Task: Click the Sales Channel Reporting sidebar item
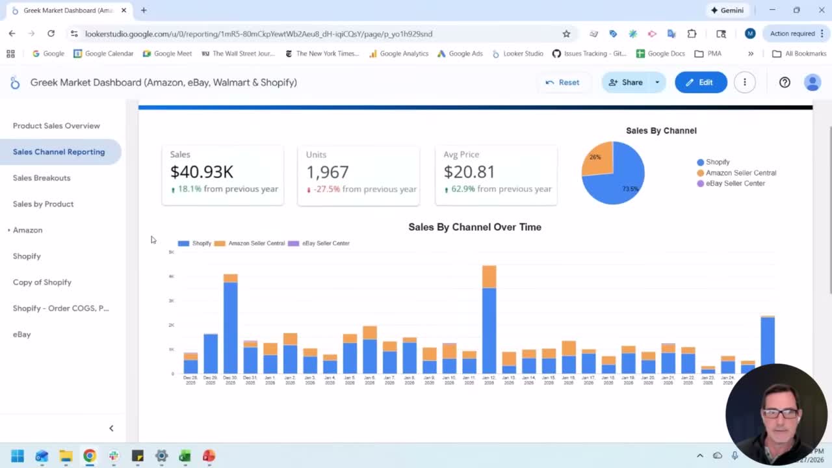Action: coord(58,151)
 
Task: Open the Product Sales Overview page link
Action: coord(56,125)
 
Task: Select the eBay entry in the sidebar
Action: coord(21,334)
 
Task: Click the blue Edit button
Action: coord(700,83)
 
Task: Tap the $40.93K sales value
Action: coord(201,172)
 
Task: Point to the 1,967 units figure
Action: coord(327,172)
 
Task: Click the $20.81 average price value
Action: coord(469,172)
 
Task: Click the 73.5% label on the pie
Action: coord(630,189)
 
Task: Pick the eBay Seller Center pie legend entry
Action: coord(734,183)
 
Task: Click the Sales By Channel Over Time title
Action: coord(474,227)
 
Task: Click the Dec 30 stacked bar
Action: coord(230,325)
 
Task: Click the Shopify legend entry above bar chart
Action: coord(195,243)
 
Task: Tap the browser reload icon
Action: coord(51,34)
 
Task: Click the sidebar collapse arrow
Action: coord(111,428)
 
